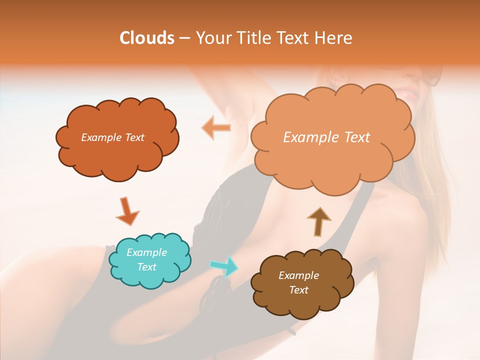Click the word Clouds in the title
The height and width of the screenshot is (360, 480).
(x=147, y=38)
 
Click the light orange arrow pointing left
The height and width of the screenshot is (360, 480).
(x=216, y=128)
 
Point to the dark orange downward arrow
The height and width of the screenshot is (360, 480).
(x=127, y=211)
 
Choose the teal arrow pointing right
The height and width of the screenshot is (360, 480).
(x=223, y=266)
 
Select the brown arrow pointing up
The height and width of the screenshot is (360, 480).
(x=319, y=221)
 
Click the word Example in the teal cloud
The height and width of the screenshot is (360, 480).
(x=147, y=252)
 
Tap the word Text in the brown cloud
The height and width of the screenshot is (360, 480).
(x=298, y=290)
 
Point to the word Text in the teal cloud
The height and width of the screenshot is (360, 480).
(x=147, y=267)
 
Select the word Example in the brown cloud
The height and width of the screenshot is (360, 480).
(x=298, y=275)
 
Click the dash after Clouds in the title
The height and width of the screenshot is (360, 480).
(x=184, y=38)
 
